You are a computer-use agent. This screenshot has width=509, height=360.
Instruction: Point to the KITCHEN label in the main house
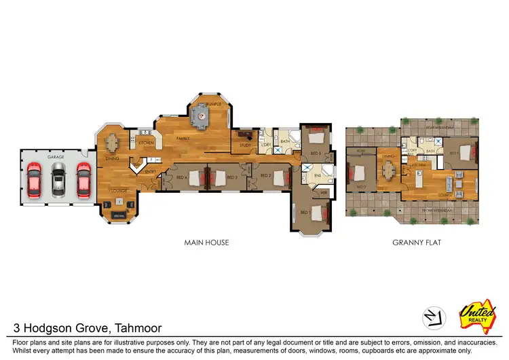coord(145,143)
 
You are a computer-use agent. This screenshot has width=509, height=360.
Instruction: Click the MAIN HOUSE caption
coord(206,242)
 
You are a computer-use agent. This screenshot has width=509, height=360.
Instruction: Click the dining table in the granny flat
coord(388,170)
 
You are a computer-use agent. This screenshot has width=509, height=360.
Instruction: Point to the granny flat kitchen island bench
coord(419,180)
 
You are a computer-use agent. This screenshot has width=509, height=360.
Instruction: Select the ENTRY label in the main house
coord(151,171)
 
